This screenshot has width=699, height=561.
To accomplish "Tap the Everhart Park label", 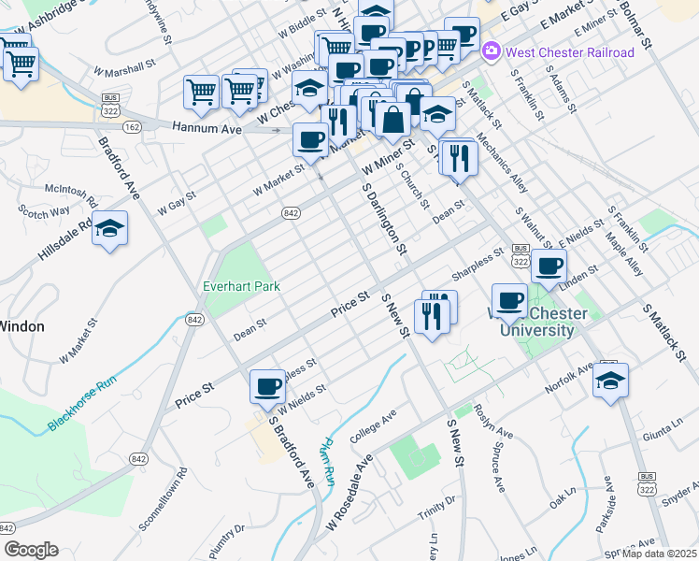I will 242,285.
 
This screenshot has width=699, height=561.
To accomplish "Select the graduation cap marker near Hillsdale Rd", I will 109,229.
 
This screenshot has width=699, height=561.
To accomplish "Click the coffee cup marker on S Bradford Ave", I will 267,385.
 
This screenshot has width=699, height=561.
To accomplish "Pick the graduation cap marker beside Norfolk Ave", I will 610,381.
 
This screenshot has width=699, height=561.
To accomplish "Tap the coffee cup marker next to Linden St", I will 549,265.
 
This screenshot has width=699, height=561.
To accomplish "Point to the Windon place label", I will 21,326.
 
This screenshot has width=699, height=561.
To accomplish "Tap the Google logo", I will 31,550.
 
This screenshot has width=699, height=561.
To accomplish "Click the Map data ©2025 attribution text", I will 659,554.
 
